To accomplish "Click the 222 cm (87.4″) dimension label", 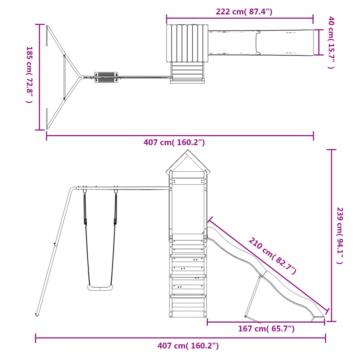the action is (244, 12).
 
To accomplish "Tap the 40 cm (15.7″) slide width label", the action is (331, 43).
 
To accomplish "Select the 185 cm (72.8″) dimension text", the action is (30, 75).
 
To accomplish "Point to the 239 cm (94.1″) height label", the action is (340, 236).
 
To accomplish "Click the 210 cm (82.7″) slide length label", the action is (272, 256).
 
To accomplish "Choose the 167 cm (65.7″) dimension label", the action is (266, 329).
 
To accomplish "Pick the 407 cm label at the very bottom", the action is (188, 346).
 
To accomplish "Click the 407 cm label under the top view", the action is (174, 142).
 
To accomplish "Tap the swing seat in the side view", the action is (100, 288).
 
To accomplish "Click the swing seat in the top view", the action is (106, 77).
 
